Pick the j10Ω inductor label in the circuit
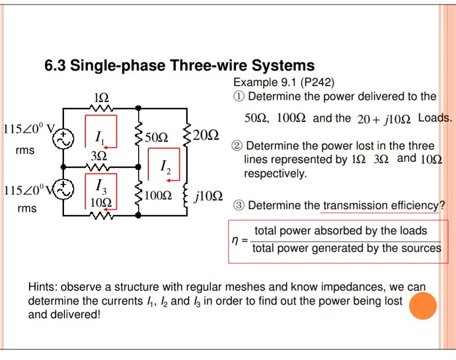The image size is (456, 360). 208,196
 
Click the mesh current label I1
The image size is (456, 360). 98,139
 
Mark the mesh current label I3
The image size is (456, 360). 99,185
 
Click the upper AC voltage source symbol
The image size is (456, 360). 64,139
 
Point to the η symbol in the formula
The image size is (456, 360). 235,239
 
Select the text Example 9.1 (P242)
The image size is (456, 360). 284,82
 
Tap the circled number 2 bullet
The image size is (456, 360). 239,146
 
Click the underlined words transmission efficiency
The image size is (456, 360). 380,205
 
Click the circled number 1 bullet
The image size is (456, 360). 239,96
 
